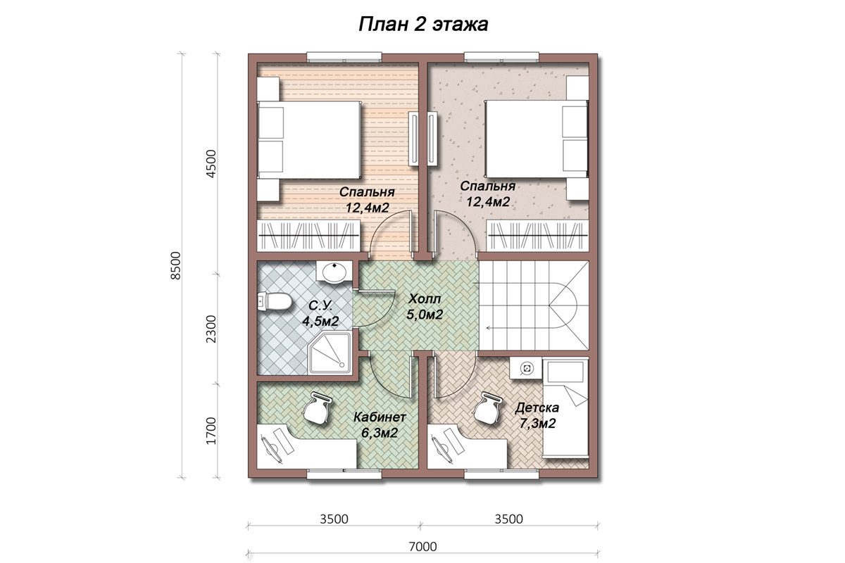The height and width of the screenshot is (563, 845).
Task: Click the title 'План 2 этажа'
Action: pos(423,25)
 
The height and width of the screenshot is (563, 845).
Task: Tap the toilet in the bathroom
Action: pos(274,302)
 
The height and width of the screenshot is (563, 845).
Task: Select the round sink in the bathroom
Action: pos(334,271)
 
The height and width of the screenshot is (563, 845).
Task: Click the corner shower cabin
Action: pos(330,353)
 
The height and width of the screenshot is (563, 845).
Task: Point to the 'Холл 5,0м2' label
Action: pos(425,307)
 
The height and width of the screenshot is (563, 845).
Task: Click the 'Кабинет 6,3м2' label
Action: pos(380,425)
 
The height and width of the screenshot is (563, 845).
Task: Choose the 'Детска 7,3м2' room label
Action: pos(537,415)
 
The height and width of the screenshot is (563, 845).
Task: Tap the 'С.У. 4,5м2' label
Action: pos(320,313)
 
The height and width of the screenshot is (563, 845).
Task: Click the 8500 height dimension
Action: pos(176,265)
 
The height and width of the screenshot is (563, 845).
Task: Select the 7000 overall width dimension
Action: pos(423,546)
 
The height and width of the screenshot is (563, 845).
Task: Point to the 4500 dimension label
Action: pos(211,164)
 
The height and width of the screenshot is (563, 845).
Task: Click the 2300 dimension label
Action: pos(211,329)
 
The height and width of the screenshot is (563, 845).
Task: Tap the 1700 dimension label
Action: pos(211,431)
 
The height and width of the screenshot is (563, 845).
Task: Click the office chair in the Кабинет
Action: pos(316,408)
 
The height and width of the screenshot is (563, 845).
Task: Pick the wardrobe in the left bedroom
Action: pos(308,236)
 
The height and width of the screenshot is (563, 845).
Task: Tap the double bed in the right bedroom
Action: pos(537,139)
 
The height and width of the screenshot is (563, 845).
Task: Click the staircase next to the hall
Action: pos(534,306)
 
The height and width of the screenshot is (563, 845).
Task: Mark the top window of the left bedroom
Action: pos(344,57)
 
